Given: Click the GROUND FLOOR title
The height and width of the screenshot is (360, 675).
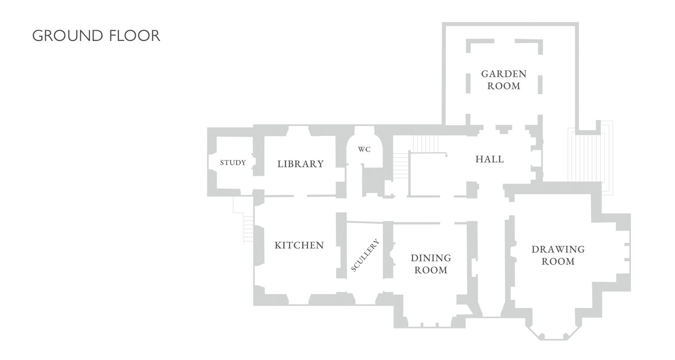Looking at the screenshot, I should pyautogui.click(x=96, y=36).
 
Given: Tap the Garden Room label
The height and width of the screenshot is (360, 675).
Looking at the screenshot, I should pyautogui.click(x=504, y=80).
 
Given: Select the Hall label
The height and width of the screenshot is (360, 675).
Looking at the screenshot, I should pyautogui.click(x=490, y=159).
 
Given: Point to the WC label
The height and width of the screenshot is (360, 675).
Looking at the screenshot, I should pyautogui.click(x=364, y=149).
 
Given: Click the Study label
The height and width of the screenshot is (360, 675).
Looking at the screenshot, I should pyautogui.click(x=233, y=163).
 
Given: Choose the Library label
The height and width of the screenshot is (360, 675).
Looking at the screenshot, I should pyautogui.click(x=300, y=164).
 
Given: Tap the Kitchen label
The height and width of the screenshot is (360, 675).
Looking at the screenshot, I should pyautogui.click(x=299, y=245).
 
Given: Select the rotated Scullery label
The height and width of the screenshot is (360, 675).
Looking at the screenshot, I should pyautogui.click(x=365, y=255).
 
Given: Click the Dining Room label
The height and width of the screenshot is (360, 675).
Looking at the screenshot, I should pyautogui.click(x=431, y=264).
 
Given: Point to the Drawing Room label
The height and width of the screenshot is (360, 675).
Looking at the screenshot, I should pyautogui.click(x=558, y=255).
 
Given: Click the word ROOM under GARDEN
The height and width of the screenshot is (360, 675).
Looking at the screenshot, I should pyautogui.click(x=504, y=86).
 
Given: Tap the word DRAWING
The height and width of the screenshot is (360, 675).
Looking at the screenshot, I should pyautogui.click(x=558, y=249).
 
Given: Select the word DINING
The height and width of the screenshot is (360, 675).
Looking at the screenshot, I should pyautogui.click(x=431, y=258).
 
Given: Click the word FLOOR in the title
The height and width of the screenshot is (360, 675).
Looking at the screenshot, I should pyautogui.click(x=135, y=36).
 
